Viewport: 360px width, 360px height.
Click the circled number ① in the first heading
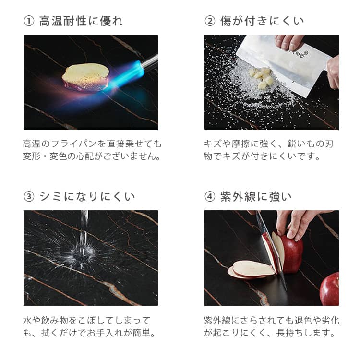click(x=29, y=21)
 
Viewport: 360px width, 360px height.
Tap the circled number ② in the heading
click(x=210, y=21)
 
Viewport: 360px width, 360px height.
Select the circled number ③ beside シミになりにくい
click(x=29, y=197)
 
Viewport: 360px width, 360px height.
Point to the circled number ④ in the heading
click(x=210, y=197)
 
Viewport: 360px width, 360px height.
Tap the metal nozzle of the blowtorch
click(x=150, y=62)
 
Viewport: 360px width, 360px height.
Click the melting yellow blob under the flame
click(x=85, y=77)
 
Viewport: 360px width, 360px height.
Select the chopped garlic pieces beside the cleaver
click(x=262, y=78)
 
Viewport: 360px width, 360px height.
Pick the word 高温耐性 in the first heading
click(x=63, y=21)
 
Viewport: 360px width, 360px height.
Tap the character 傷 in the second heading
click(x=226, y=21)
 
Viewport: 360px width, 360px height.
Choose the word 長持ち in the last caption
click(x=289, y=333)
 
